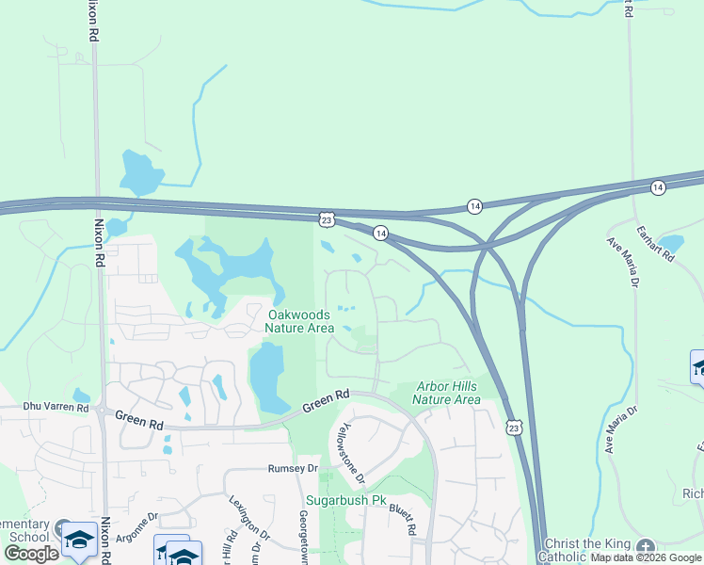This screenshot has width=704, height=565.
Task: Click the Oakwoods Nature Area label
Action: [x=299, y=321]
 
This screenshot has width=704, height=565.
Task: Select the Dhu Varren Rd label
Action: [x=56, y=409]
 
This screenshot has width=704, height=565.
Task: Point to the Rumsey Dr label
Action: [x=293, y=468]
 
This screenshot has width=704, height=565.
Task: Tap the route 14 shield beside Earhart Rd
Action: [x=657, y=187]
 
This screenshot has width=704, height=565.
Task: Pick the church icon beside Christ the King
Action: [x=645, y=547]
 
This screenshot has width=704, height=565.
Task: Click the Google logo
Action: [x=32, y=554]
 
